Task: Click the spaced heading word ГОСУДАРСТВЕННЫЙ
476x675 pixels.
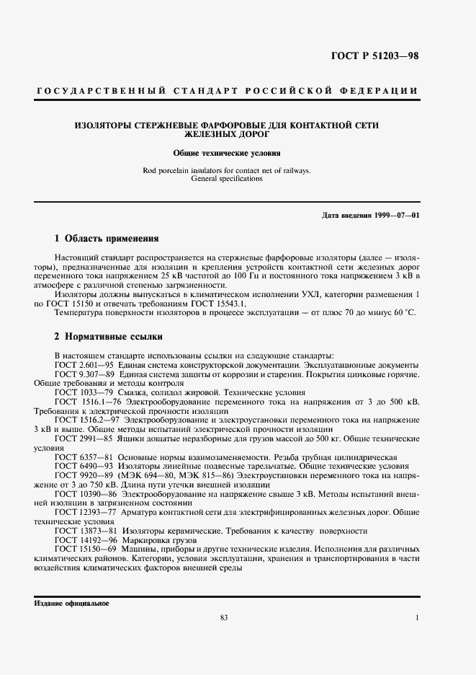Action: pos(90,90)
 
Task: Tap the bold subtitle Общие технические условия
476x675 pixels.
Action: pos(226,153)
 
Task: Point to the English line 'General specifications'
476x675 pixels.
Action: pos(226,178)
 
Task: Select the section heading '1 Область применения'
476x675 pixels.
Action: pos(107,238)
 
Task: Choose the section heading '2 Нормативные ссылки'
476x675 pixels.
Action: pos(109,336)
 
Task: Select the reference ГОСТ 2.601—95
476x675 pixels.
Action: pos(81,365)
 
